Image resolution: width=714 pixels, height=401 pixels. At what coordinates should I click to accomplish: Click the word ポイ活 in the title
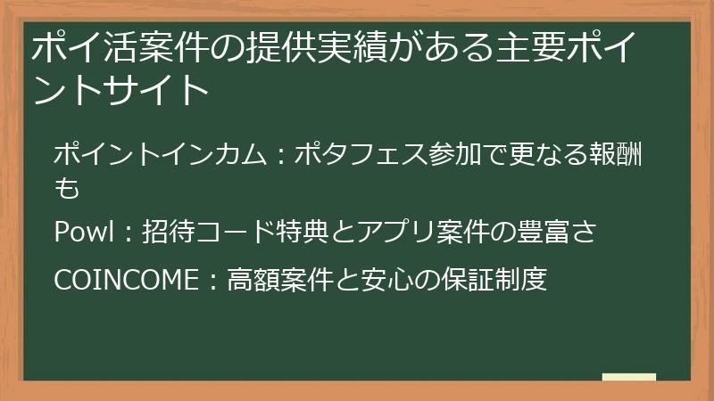[x=75, y=47]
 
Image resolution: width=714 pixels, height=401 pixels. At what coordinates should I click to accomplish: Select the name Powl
[x=83, y=233]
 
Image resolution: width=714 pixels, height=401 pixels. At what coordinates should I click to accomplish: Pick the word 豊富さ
[x=558, y=233]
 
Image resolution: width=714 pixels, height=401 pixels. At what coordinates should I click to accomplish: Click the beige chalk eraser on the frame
[x=629, y=378]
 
